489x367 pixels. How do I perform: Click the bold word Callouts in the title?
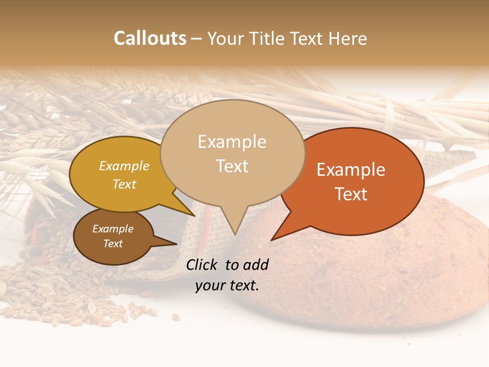(150, 38)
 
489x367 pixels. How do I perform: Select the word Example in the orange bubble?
(351, 170)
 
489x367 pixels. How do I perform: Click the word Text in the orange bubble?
(351, 194)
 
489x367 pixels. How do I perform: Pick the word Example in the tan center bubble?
(232, 142)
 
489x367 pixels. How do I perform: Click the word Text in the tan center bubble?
(232, 166)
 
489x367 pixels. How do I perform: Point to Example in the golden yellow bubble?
(124, 166)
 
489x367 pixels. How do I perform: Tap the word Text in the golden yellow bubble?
(124, 185)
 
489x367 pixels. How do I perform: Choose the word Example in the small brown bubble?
(113, 229)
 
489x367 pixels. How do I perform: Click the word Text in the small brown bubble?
(113, 244)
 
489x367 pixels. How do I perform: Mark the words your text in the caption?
(227, 286)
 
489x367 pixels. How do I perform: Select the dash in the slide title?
(197, 38)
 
